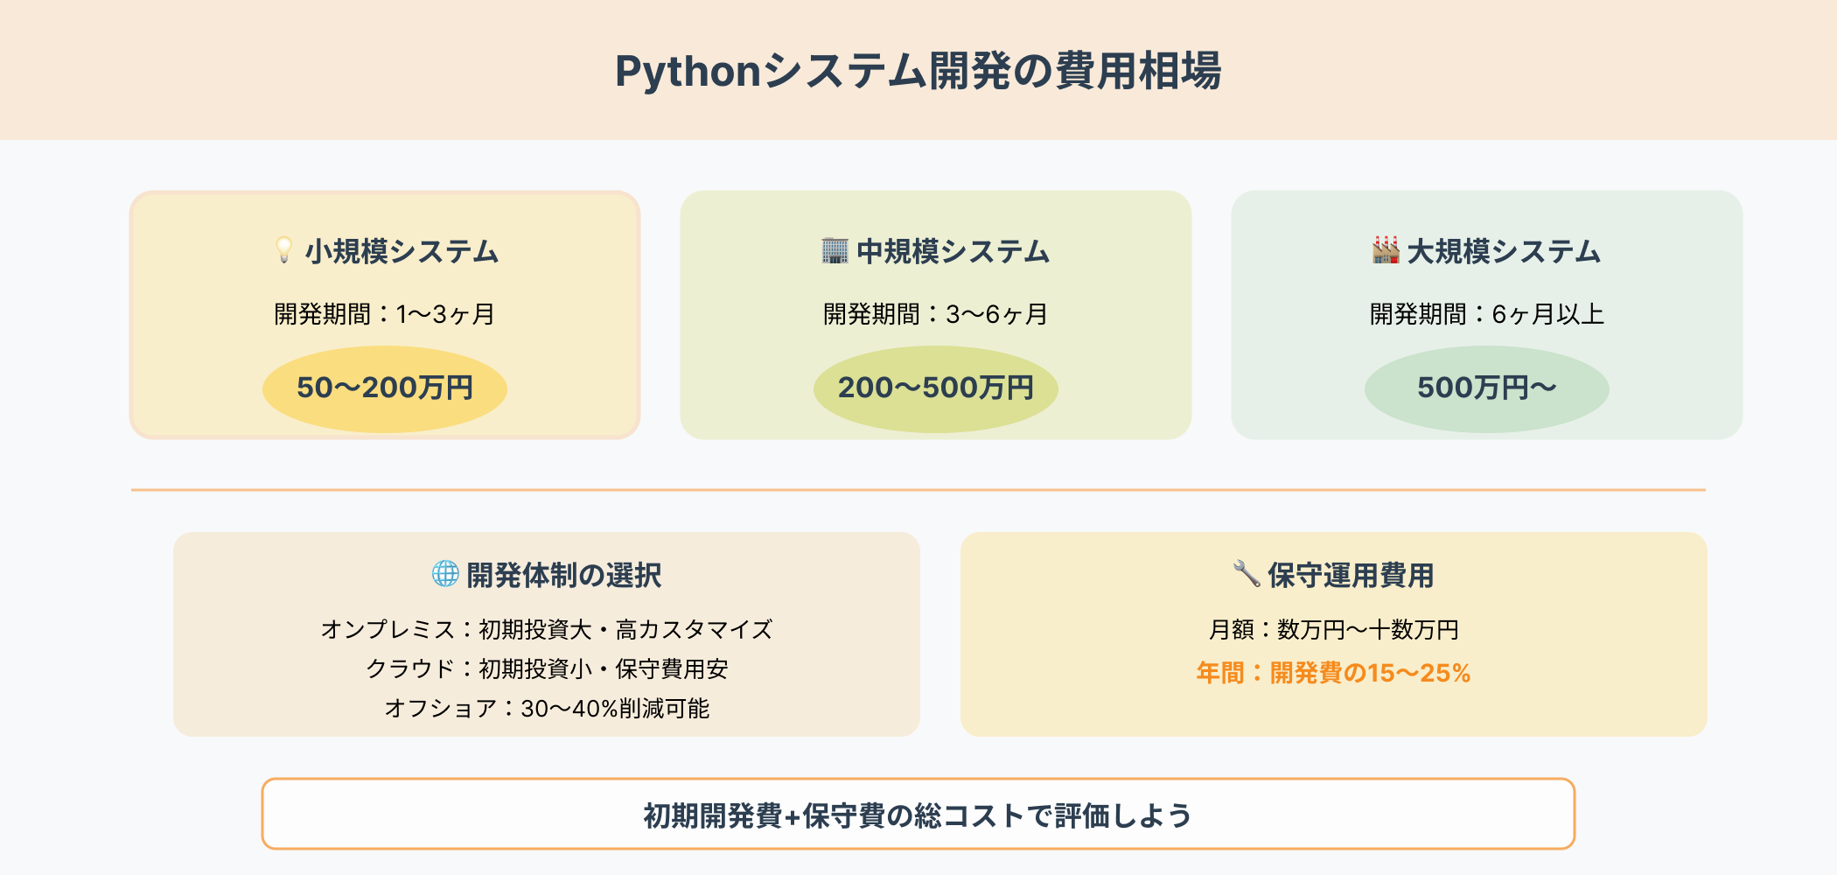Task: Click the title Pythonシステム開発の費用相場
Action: tap(918, 71)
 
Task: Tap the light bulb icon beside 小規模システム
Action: tap(283, 250)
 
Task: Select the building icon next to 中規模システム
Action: tap(835, 251)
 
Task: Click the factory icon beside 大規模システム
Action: tap(1386, 250)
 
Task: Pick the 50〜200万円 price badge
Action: tap(385, 388)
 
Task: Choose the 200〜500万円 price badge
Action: tap(935, 388)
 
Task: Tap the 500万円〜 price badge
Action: tap(1486, 388)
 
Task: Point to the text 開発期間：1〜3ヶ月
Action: tap(385, 314)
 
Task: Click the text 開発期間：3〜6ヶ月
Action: tap(935, 314)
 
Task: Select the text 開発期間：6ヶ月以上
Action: tap(1486, 314)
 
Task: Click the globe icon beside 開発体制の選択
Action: tap(445, 574)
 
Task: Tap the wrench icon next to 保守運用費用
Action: tap(1246, 574)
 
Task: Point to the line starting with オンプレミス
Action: tap(547, 630)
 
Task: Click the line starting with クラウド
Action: tap(547, 669)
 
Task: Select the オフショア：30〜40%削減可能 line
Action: tap(547, 709)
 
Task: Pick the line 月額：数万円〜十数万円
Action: tap(1333, 630)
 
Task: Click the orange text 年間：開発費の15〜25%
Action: tap(1333, 673)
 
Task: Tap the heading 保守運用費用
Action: tap(1351, 576)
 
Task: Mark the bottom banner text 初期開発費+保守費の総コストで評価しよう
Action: tap(918, 815)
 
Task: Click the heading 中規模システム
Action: tap(953, 252)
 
